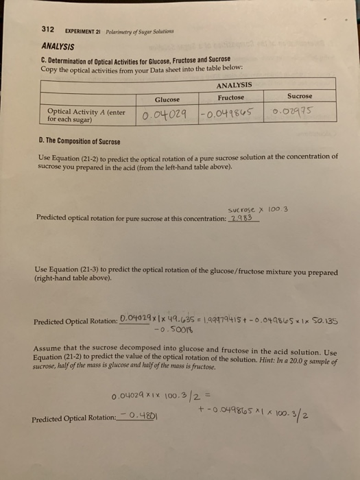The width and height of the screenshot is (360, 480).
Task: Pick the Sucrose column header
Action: [299, 96]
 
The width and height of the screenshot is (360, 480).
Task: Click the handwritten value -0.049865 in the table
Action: [232, 113]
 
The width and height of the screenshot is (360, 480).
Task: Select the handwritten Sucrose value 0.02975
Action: [298, 112]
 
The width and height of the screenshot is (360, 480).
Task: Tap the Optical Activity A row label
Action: [86, 113]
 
